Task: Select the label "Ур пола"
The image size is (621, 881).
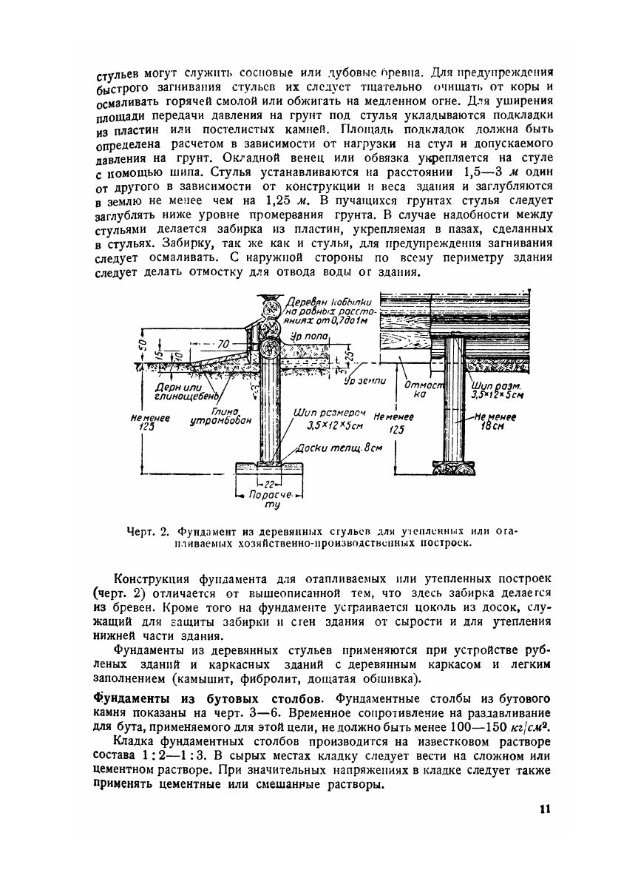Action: [x=308, y=336]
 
